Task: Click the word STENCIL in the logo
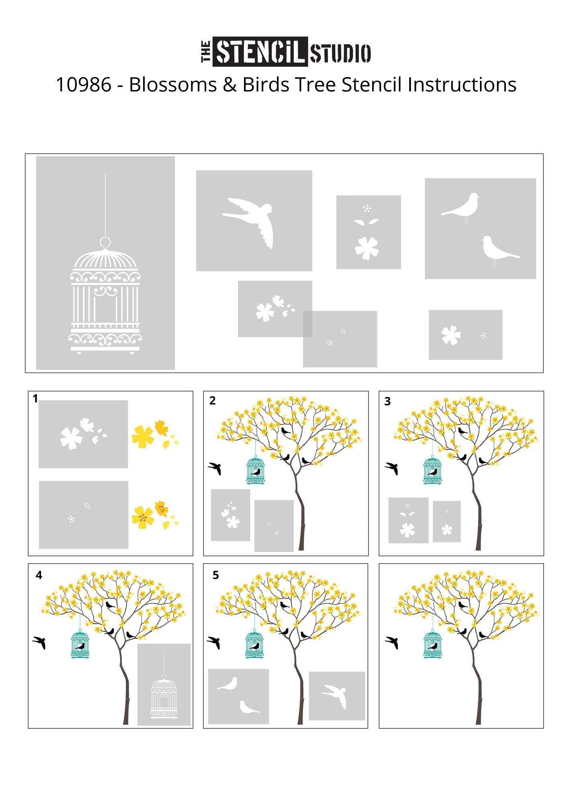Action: click(x=260, y=51)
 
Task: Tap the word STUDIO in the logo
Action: click(x=340, y=53)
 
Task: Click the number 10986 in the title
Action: click(x=84, y=85)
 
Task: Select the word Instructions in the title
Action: click(x=462, y=85)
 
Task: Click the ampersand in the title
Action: click(x=229, y=85)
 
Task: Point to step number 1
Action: click(x=35, y=398)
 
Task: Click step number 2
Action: click(x=213, y=400)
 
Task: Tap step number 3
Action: click(x=388, y=401)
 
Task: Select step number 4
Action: click(x=39, y=575)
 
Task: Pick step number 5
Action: click(x=215, y=575)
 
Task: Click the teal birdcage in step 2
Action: click(x=256, y=470)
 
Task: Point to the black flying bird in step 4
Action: click(x=39, y=642)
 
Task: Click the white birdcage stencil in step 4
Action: click(x=164, y=697)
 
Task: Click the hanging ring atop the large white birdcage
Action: click(x=105, y=242)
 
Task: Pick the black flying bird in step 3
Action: click(x=392, y=468)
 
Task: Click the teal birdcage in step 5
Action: click(x=255, y=644)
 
